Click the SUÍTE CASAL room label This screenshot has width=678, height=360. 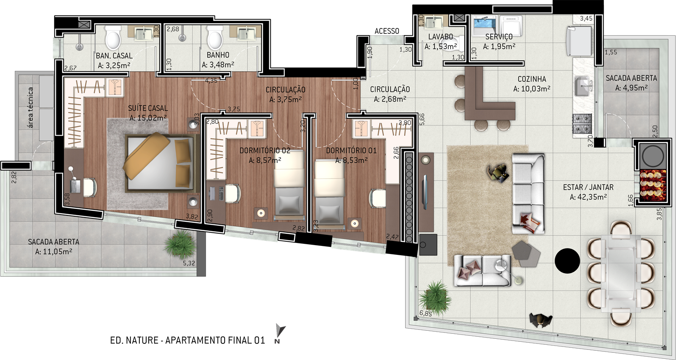point(148,108)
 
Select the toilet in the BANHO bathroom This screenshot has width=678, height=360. point(215,38)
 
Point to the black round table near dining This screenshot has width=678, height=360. point(567,261)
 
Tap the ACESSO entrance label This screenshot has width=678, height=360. point(387,31)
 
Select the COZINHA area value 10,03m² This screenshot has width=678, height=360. point(532,89)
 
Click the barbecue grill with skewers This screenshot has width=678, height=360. point(653,186)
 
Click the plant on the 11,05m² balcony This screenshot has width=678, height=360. point(180,245)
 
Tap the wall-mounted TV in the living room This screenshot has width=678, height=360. point(425,192)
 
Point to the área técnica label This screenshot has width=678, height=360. point(31,107)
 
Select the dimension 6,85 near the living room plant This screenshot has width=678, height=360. point(425,313)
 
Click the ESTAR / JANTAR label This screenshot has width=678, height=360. point(588,187)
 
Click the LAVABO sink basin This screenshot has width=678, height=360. point(433,22)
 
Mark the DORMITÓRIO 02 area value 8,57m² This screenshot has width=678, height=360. point(265,160)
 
